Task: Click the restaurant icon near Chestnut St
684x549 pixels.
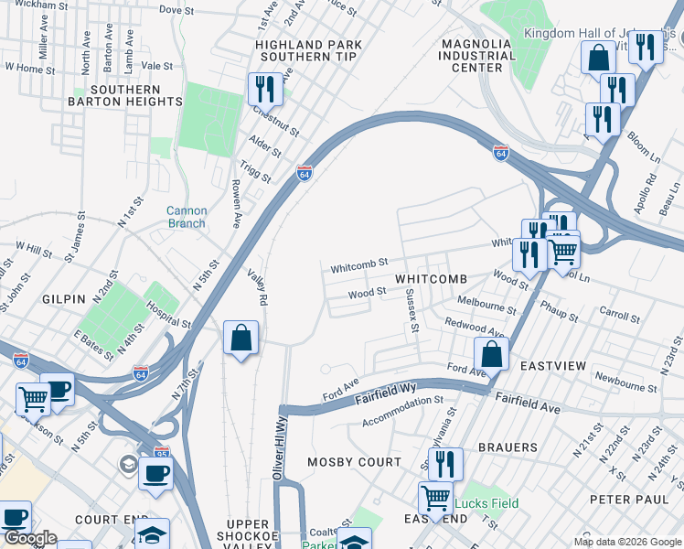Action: click(x=262, y=90)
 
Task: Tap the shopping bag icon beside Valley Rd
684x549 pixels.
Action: click(x=240, y=338)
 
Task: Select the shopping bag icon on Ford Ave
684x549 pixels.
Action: click(x=491, y=353)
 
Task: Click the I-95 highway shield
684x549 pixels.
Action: click(x=139, y=451)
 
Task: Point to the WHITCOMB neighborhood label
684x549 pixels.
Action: click(x=431, y=278)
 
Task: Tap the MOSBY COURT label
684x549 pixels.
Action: click(x=354, y=462)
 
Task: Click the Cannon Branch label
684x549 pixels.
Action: click(x=187, y=217)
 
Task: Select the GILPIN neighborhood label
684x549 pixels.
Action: click(x=63, y=299)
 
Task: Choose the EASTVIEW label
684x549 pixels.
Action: click(x=552, y=366)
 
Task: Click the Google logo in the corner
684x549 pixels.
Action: click(x=29, y=538)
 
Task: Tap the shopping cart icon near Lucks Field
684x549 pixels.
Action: click(x=435, y=498)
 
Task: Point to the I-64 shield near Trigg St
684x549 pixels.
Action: click(x=305, y=172)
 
